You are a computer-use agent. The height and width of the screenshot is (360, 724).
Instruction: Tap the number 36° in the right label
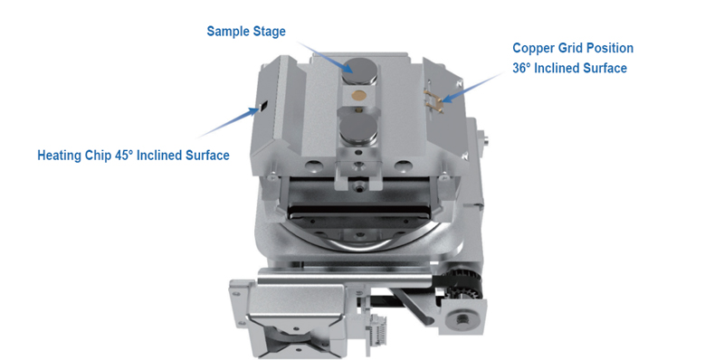point(525,68)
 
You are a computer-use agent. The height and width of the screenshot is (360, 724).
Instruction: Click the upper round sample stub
point(359,68)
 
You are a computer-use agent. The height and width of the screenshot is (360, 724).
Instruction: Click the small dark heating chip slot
point(263,106)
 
